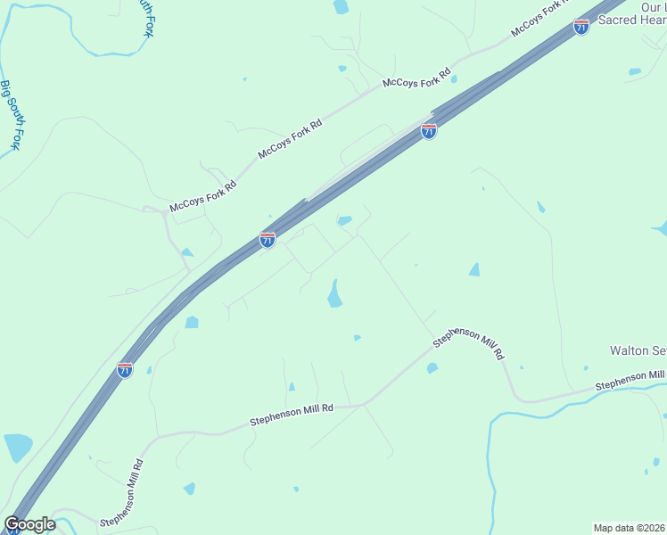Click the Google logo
coord(30,524)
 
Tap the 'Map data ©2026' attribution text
coord(628,527)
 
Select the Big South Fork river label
coord(10,114)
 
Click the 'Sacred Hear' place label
coord(630,20)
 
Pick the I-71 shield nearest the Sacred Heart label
coord(581,27)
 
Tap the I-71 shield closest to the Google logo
coord(125,369)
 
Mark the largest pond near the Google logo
coord(17,448)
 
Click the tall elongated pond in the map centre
coord(334,293)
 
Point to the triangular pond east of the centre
coord(474,269)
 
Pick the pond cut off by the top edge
coord(341,6)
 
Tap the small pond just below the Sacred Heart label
coord(634,71)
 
